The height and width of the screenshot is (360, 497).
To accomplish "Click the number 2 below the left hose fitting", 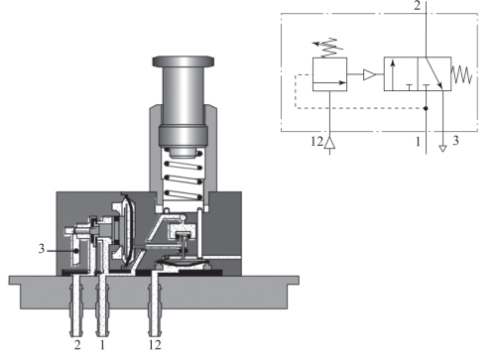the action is coord(77,345).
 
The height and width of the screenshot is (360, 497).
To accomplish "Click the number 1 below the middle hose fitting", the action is coord(102,345).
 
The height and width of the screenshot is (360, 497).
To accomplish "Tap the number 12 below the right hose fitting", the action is coord(155,345).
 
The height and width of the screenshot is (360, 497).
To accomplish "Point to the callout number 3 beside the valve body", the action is coord(42,249).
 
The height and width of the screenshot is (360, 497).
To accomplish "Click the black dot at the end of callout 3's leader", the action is coord(76,251).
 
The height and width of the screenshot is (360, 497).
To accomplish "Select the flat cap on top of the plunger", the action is coord(184,61).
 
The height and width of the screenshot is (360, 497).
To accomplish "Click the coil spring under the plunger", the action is coord(184,177).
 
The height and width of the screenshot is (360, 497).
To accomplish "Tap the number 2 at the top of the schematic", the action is coord(418,6).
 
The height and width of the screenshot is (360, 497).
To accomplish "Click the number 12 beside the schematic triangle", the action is coord(316,142).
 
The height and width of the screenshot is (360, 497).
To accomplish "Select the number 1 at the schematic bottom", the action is coord(418,142).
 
